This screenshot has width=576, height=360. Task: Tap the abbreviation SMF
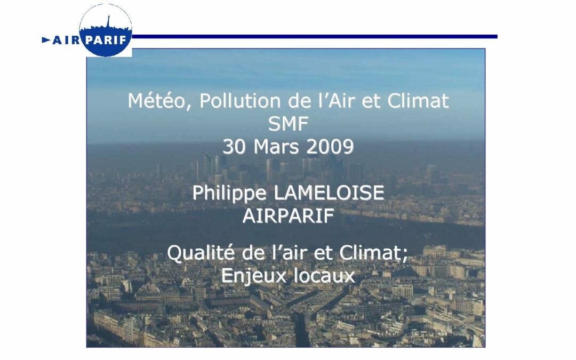pyautogui.click(x=288, y=124)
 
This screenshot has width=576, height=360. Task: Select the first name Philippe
pyautogui.click(x=230, y=193)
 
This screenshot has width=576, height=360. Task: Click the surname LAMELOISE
pyautogui.click(x=329, y=193)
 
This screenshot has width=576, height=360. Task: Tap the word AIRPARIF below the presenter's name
pyautogui.click(x=288, y=216)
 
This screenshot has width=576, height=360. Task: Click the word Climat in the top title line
pyautogui.click(x=418, y=101)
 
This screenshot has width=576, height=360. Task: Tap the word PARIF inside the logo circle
pyautogui.click(x=106, y=39)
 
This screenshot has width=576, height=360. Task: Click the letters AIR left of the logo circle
pyautogui.click(x=65, y=40)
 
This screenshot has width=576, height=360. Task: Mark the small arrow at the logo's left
pyautogui.click(x=46, y=40)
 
